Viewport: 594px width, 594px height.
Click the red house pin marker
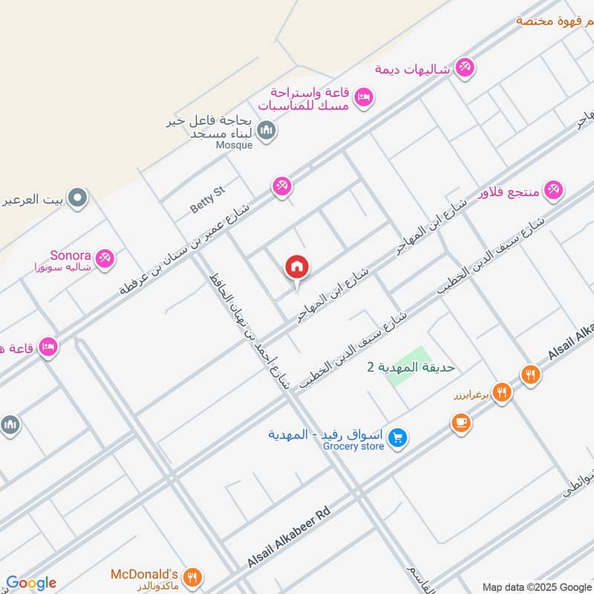click(x=297, y=268)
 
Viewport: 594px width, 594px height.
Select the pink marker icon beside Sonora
click(x=105, y=259)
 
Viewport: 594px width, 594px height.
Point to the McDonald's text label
click(x=143, y=574)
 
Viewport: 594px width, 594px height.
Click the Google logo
click(x=31, y=583)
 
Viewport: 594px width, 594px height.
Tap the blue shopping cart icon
click(x=399, y=439)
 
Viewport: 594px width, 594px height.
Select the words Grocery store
click(x=353, y=446)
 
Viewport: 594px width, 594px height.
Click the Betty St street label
click(x=206, y=200)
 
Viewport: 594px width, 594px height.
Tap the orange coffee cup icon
click(x=460, y=423)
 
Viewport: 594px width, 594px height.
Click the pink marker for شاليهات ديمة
click(x=466, y=68)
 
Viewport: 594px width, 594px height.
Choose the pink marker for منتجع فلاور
click(x=553, y=190)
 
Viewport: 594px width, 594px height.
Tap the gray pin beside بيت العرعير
click(x=77, y=198)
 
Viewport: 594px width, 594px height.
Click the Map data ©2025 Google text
click(x=538, y=586)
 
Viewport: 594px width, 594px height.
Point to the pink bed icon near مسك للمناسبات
click(x=363, y=97)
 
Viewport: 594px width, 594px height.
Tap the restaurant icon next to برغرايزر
click(x=503, y=392)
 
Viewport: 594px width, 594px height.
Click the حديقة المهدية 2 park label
click(x=411, y=366)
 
